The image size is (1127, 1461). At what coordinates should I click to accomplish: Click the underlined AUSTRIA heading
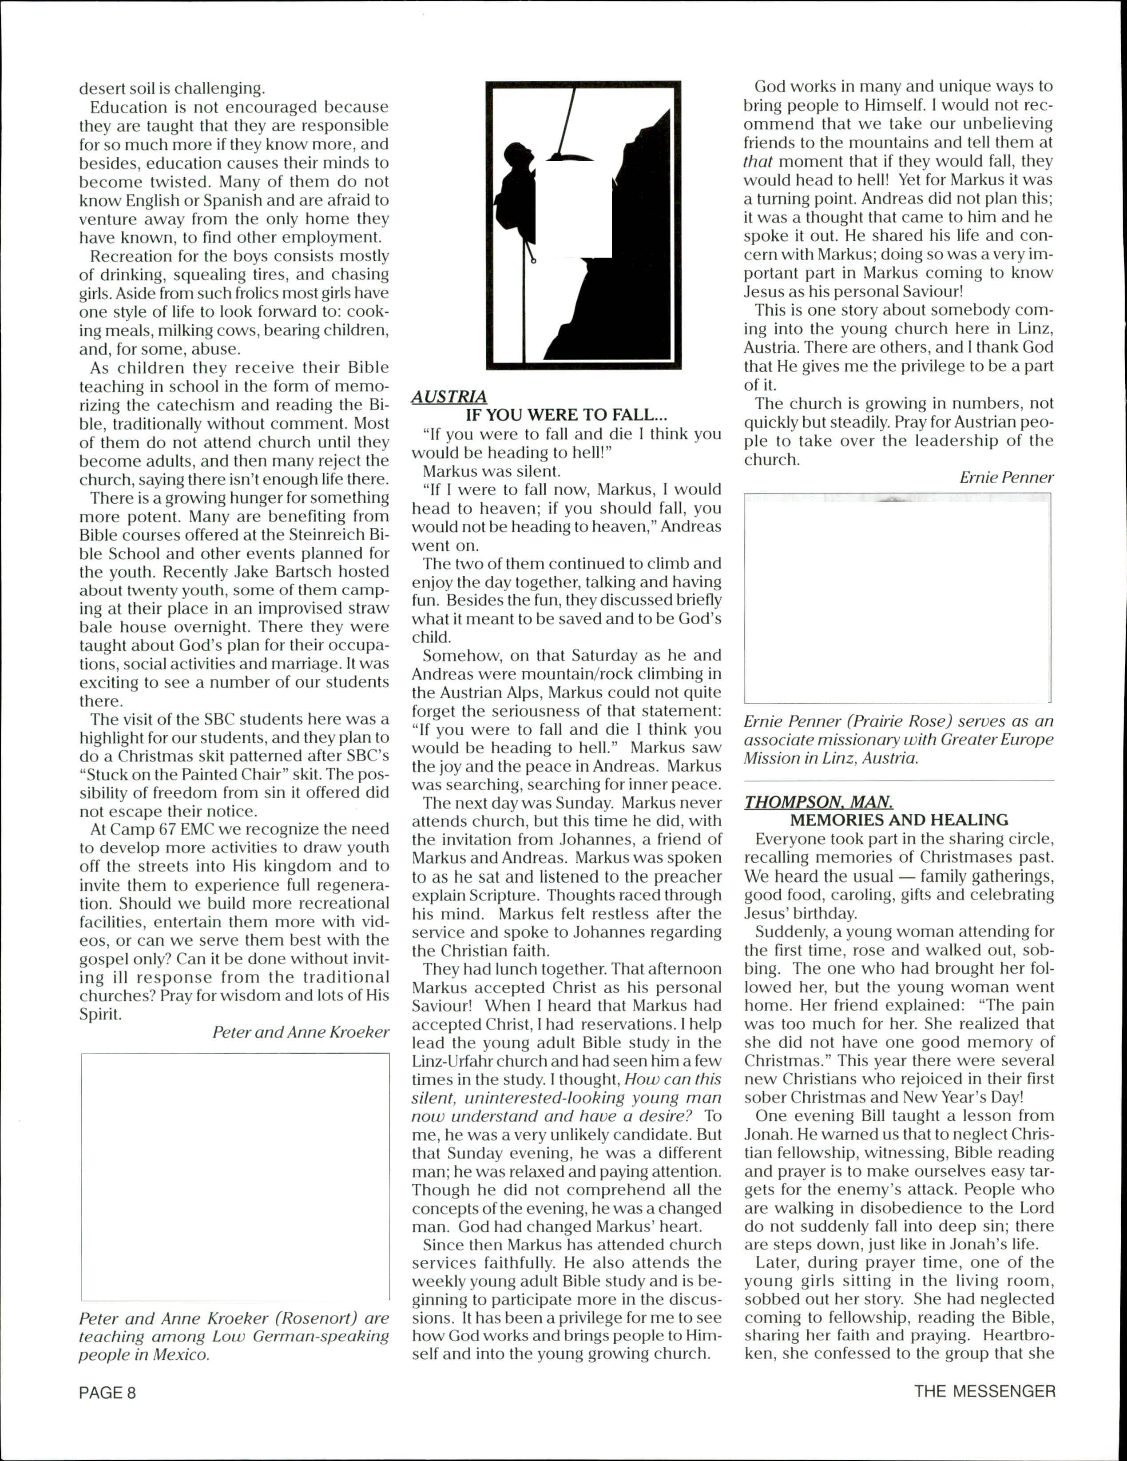click(449, 397)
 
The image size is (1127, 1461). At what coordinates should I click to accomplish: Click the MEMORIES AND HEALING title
click(899, 820)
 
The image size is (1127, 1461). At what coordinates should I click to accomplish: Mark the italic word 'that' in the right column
click(758, 162)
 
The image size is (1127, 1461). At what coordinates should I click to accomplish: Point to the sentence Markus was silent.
click(492, 471)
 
